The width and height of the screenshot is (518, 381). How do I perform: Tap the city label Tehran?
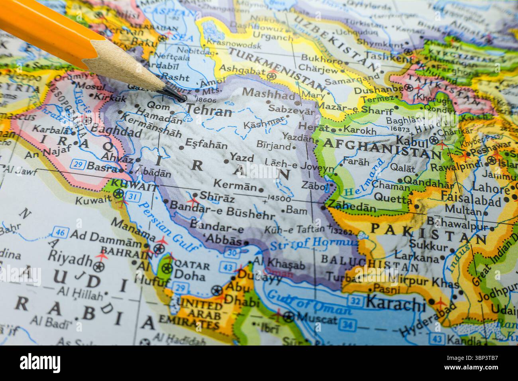(209, 111)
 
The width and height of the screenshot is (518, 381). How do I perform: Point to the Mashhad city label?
(269, 94)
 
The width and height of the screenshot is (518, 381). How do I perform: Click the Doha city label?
(190, 276)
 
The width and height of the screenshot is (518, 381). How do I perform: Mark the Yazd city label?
(242, 158)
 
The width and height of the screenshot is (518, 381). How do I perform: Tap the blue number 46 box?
(61, 233)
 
